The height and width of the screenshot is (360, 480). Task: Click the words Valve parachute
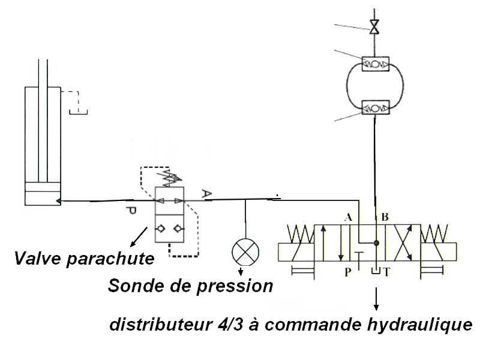click(82, 259)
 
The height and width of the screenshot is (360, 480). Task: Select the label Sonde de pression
click(190, 286)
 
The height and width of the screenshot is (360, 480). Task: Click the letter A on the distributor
click(347, 217)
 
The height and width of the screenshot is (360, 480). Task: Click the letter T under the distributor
click(388, 271)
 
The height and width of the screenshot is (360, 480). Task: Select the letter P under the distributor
click(348, 271)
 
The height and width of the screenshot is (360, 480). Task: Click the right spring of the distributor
click(437, 234)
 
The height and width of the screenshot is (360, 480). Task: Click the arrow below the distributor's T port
click(376, 298)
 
